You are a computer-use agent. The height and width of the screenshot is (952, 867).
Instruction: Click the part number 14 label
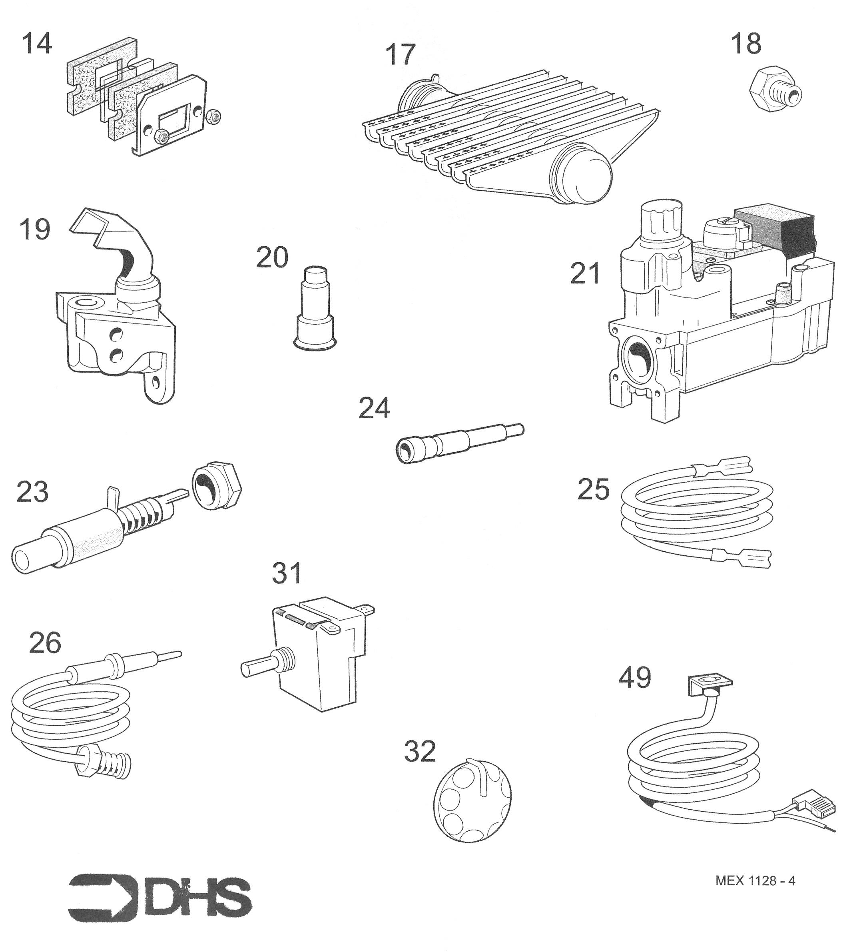(x=36, y=44)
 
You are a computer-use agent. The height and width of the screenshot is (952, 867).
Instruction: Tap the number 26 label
(x=45, y=643)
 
